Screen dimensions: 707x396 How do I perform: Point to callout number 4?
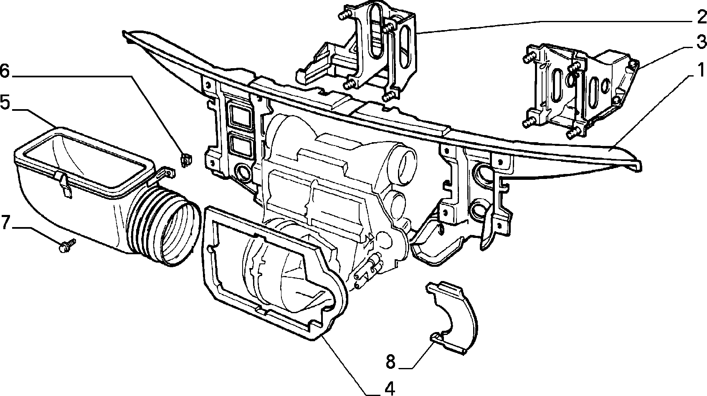tap(390, 388)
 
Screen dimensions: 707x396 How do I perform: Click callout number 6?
tap(5, 71)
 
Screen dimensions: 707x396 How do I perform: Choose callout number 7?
tap(6, 222)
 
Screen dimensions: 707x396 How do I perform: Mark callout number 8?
tap(390, 362)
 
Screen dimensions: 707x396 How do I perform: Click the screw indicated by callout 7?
tap(67, 245)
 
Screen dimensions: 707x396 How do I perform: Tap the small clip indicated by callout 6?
tap(187, 160)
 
